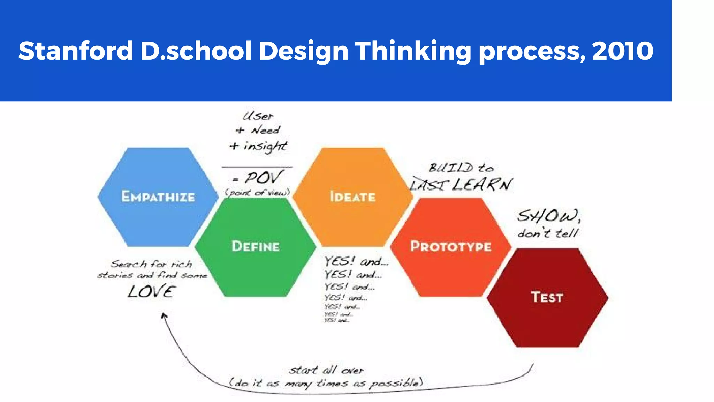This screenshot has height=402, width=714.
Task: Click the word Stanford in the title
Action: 76,51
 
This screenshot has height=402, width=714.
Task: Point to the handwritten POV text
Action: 263,178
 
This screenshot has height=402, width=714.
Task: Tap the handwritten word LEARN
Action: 483,185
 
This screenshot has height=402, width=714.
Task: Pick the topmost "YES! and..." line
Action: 356,261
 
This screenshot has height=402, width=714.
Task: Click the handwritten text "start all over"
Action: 326,370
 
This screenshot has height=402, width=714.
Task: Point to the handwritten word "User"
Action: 258,116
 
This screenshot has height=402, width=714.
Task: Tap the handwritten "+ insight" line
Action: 258,146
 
